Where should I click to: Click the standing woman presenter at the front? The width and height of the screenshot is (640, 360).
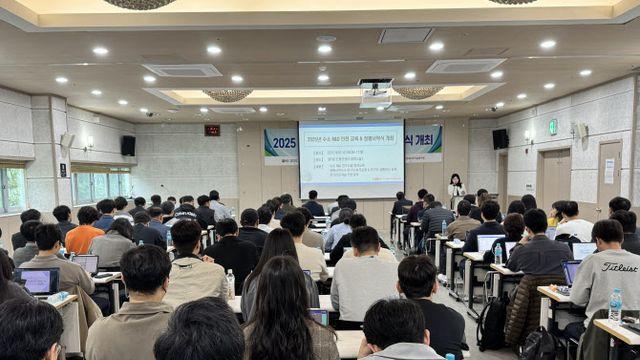[456, 189]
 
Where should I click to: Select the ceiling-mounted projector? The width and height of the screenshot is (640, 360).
[376, 92]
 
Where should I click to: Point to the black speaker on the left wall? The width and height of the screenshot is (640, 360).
[128, 145]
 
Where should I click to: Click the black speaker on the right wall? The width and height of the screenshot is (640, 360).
[500, 138]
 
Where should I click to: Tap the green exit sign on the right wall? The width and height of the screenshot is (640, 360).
[552, 127]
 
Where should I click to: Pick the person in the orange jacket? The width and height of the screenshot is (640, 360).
[84, 236]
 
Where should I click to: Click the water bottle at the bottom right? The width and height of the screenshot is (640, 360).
[615, 305]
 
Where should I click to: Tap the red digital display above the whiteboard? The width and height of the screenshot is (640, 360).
[212, 130]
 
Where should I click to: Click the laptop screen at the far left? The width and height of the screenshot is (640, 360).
[39, 281]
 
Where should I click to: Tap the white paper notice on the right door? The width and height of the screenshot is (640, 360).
[608, 170]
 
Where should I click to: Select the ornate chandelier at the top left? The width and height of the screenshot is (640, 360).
[140, 4]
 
